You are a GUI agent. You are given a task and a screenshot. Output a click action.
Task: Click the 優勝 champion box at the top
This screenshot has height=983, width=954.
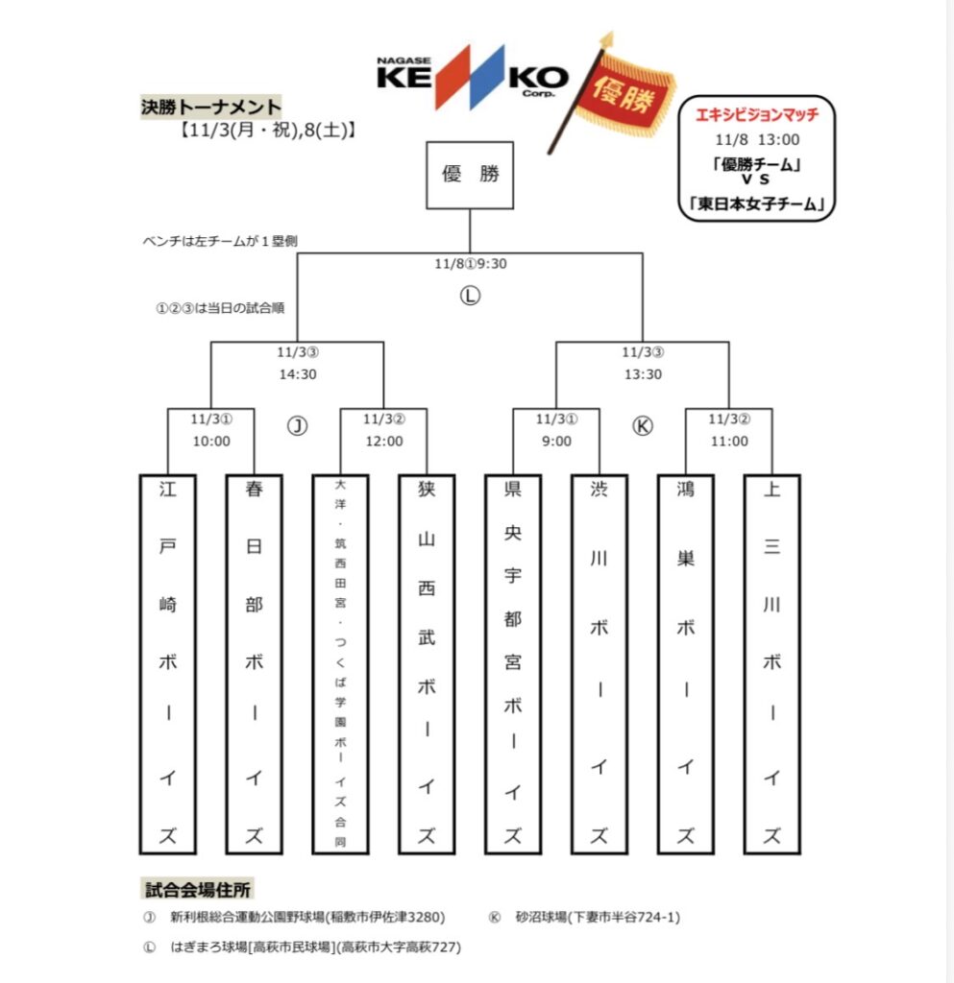[470, 175]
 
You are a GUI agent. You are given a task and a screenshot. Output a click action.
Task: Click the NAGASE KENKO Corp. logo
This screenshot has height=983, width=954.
[472, 76]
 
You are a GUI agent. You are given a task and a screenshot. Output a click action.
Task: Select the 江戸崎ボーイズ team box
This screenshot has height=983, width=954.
[168, 663]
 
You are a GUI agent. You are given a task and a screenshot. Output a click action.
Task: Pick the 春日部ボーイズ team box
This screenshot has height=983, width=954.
[254, 663]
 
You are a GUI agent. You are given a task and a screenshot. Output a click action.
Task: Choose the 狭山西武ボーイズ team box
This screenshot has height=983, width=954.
[427, 663]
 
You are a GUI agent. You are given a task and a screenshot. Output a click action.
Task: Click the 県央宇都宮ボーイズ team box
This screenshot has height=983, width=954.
[513, 663]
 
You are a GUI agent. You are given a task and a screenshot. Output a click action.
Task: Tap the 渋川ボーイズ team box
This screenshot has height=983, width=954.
[599, 663]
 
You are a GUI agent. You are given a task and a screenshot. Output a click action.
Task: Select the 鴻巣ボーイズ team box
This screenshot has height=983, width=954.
[685, 663]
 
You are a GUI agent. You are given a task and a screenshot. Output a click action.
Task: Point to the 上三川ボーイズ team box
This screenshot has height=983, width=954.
[771, 663]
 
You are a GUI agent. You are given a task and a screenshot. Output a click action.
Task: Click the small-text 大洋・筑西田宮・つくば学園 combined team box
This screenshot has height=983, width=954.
[340, 663]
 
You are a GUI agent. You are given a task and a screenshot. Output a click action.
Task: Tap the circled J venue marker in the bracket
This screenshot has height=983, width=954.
[298, 426]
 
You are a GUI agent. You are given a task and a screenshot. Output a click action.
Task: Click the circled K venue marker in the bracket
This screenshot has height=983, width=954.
[643, 426]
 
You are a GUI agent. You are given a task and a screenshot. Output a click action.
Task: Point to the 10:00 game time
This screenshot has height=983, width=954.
[211, 442]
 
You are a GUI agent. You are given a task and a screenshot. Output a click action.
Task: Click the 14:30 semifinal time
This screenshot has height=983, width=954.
[298, 374]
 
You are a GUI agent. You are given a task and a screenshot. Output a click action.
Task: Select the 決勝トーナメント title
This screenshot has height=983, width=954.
[210, 107]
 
